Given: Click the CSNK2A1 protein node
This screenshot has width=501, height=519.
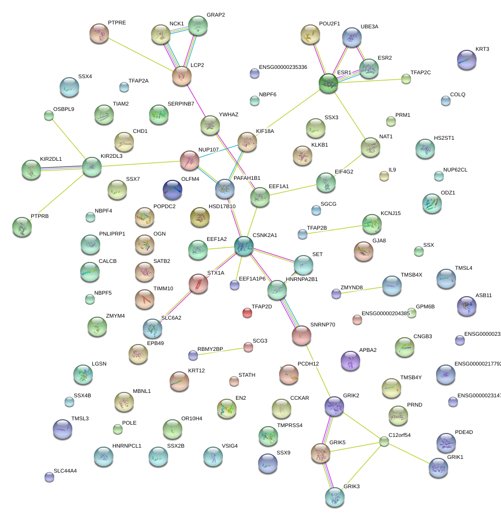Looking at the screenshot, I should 243,246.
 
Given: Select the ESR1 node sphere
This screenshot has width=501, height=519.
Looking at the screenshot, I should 328,84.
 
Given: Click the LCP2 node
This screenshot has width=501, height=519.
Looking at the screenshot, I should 182,76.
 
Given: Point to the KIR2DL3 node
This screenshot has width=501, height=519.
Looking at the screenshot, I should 92,167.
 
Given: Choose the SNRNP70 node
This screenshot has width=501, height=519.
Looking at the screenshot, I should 301,335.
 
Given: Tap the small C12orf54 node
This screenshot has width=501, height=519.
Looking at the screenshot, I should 384,442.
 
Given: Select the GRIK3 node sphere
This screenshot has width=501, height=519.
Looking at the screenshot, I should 335,497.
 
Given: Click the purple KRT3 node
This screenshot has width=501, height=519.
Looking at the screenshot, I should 466,60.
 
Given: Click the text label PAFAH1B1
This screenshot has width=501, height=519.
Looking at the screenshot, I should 247,178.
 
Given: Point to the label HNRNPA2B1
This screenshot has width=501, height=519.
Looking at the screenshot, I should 302,280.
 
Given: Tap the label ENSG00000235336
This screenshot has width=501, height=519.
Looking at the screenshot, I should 283,67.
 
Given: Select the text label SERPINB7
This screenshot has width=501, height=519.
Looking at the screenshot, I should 181,104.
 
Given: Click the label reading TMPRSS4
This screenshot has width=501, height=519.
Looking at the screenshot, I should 290,425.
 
